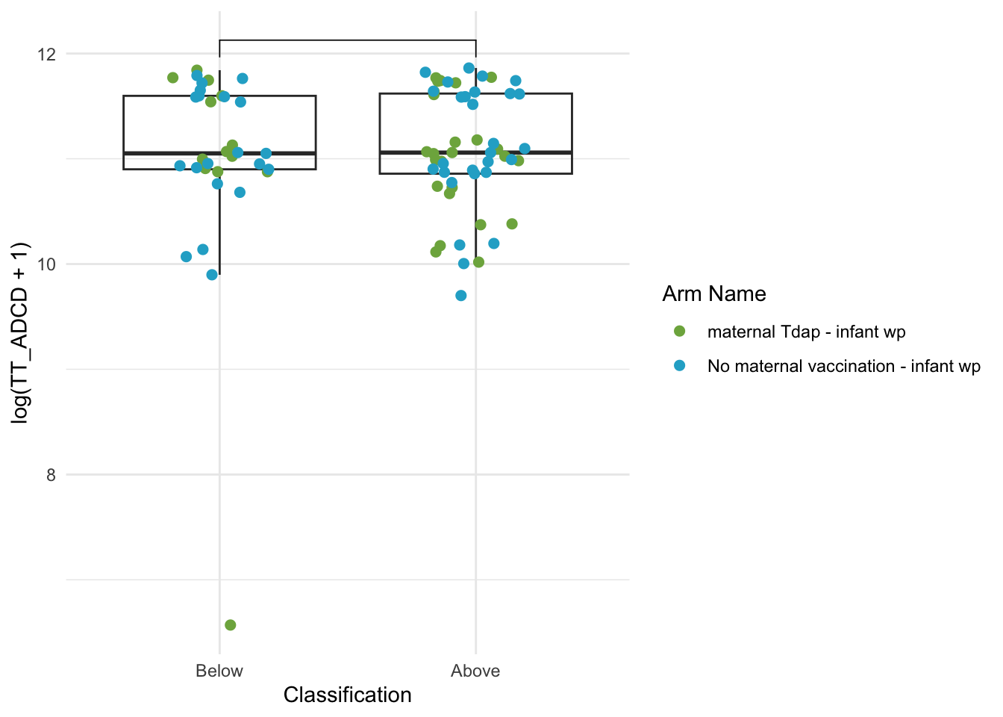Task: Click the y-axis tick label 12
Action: (x=46, y=55)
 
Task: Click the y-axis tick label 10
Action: (x=46, y=264)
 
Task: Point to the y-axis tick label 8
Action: (x=51, y=474)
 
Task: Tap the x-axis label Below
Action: (x=219, y=671)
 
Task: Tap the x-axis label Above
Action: (x=475, y=671)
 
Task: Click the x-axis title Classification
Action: (x=348, y=695)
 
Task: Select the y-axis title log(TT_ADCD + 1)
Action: (x=19, y=332)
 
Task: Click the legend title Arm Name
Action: (x=714, y=294)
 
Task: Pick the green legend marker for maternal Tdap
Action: (x=680, y=331)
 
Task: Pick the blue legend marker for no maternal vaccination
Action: (x=680, y=366)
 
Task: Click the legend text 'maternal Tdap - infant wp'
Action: (x=807, y=332)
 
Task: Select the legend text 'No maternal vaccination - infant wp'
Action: (x=844, y=367)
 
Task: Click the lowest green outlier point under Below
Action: (x=230, y=624)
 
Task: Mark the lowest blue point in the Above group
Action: (x=460, y=295)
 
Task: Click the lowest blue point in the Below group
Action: (x=212, y=275)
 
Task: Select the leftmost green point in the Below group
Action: (x=173, y=78)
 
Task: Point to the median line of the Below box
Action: (x=220, y=153)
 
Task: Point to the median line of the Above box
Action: (x=476, y=152)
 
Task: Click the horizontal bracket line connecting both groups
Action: (x=348, y=40)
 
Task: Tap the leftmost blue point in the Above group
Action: (x=425, y=72)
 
